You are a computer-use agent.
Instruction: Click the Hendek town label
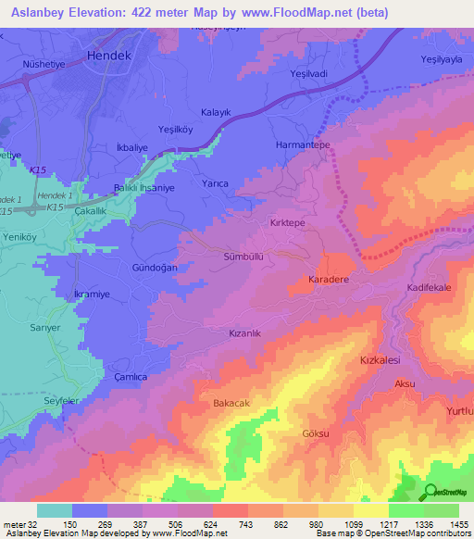[110, 56]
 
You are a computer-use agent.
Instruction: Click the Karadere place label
[326, 279]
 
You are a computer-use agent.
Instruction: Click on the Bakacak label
[231, 404]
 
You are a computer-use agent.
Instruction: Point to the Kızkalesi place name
[377, 358]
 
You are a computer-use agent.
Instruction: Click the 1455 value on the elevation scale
[457, 523]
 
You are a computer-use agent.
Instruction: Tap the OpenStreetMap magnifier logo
[430, 492]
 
